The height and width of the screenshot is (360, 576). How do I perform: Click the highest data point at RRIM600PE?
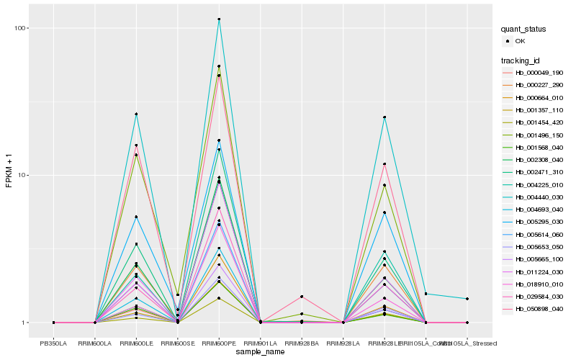(x=219, y=19)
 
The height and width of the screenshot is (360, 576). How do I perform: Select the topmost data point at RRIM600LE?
(x=136, y=114)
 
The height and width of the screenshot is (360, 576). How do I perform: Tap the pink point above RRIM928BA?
(x=302, y=297)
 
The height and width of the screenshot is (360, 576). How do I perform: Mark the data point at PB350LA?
(x=53, y=323)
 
